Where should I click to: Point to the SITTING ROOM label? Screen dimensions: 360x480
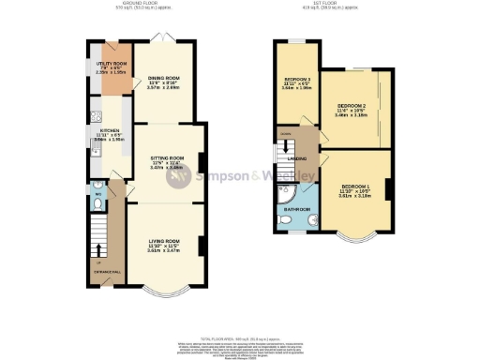click(x=164, y=160)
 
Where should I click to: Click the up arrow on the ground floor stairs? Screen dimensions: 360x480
click(x=99, y=248)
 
